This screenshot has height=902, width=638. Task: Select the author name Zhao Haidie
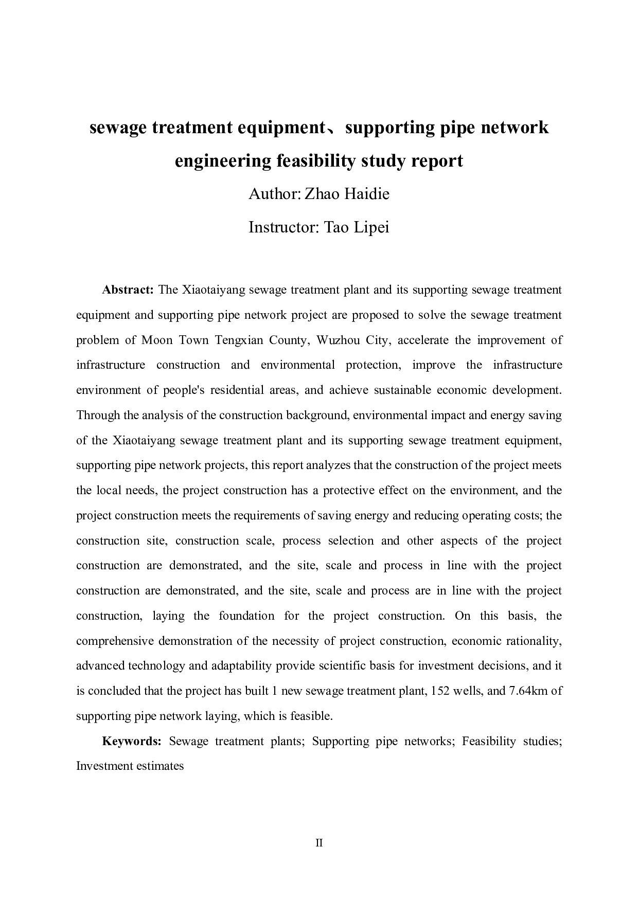click(347, 194)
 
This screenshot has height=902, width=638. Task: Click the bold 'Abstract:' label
click(128, 290)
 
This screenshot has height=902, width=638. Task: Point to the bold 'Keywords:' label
click(132, 741)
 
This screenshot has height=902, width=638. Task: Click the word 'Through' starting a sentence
click(98, 415)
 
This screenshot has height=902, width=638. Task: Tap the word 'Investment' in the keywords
click(105, 766)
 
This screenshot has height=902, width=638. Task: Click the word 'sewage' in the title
click(117, 128)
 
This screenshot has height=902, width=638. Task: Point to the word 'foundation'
click(246, 616)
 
